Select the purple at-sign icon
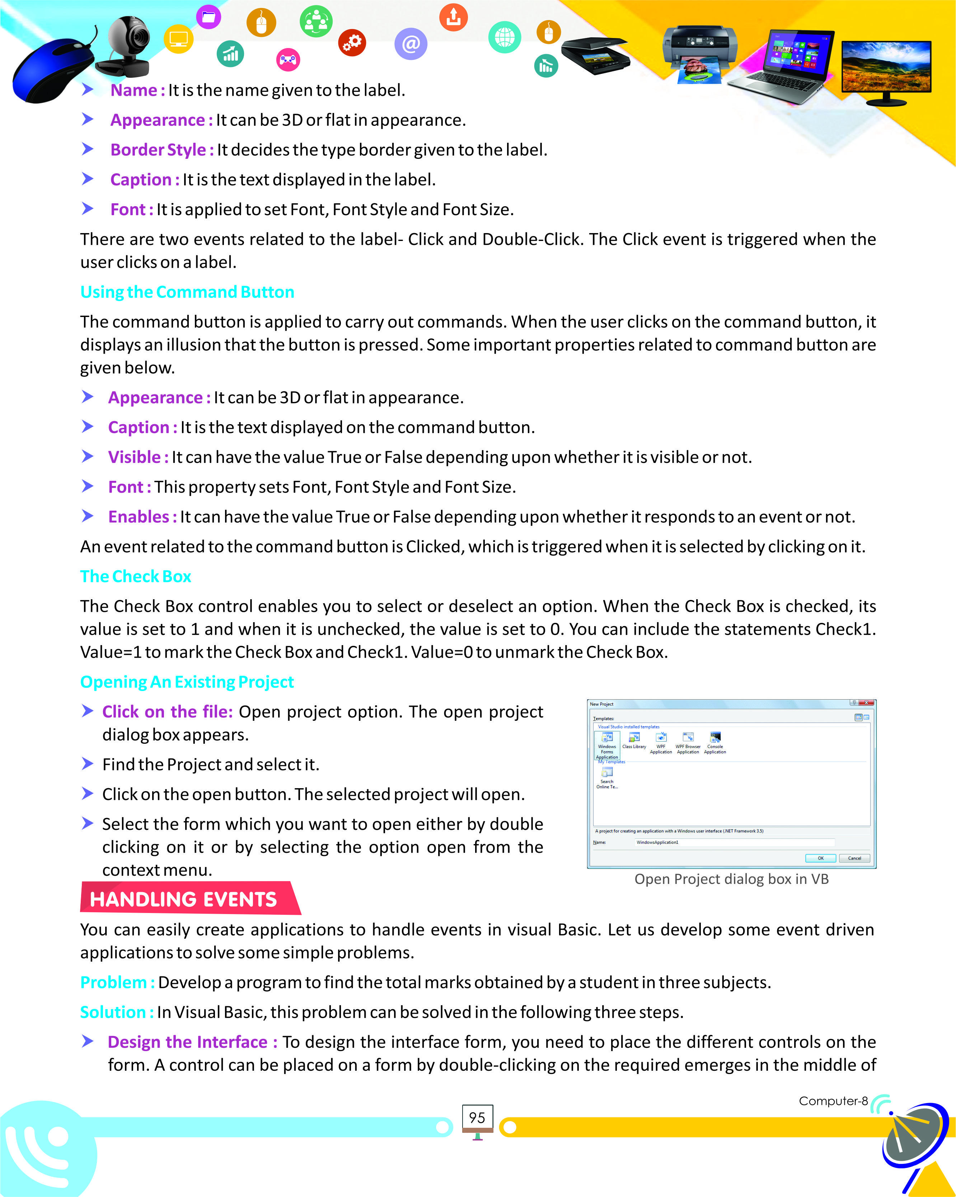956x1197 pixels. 411,44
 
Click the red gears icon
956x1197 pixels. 352,42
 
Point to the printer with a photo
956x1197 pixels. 700,53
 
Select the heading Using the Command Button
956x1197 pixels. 187,292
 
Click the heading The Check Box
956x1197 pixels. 136,576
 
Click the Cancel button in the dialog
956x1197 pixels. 854,858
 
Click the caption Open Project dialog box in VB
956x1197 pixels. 731,879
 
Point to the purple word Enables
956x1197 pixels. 138,517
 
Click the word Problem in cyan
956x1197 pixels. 113,982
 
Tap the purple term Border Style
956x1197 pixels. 158,150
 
